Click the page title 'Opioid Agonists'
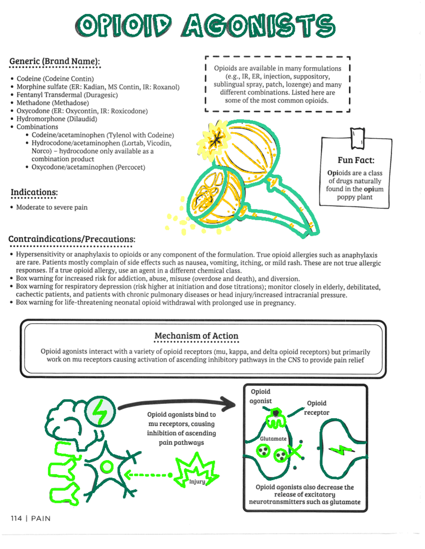click(205, 26)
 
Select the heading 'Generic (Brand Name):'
click(55, 61)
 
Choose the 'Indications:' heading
click(34, 192)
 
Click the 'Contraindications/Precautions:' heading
click(72, 239)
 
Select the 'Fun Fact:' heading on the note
click(356, 160)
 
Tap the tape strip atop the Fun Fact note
click(357, 138)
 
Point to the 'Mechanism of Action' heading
click(196, 336)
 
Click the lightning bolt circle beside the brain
click(100, 411)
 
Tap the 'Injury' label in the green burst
click(197, 481)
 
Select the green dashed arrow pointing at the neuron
click(148, 475)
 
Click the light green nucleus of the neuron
click(107, 467)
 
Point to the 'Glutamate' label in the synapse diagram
click(273, 439)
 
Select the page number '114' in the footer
click(16, 518)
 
